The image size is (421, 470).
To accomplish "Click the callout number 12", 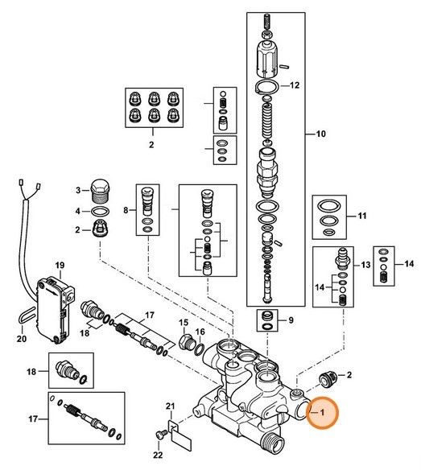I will pyautogui.click(x=294, y=85).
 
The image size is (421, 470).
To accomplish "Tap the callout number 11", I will pyautogui.click(x=361, y=216).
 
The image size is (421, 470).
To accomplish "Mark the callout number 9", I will pyautogui.click(x=291, y=320).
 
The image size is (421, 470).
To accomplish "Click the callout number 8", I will pyautogui.click(x=126, y=211).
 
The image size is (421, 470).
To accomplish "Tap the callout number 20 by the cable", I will pyautogui.click(x=22, y=339).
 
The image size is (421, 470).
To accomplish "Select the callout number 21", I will pyautogui.click(x=170, y=404).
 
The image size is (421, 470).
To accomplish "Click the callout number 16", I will pyautogui.click(x=200, y=332).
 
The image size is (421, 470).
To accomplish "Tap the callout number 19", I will pyautogui.click(x=59, y=265).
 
